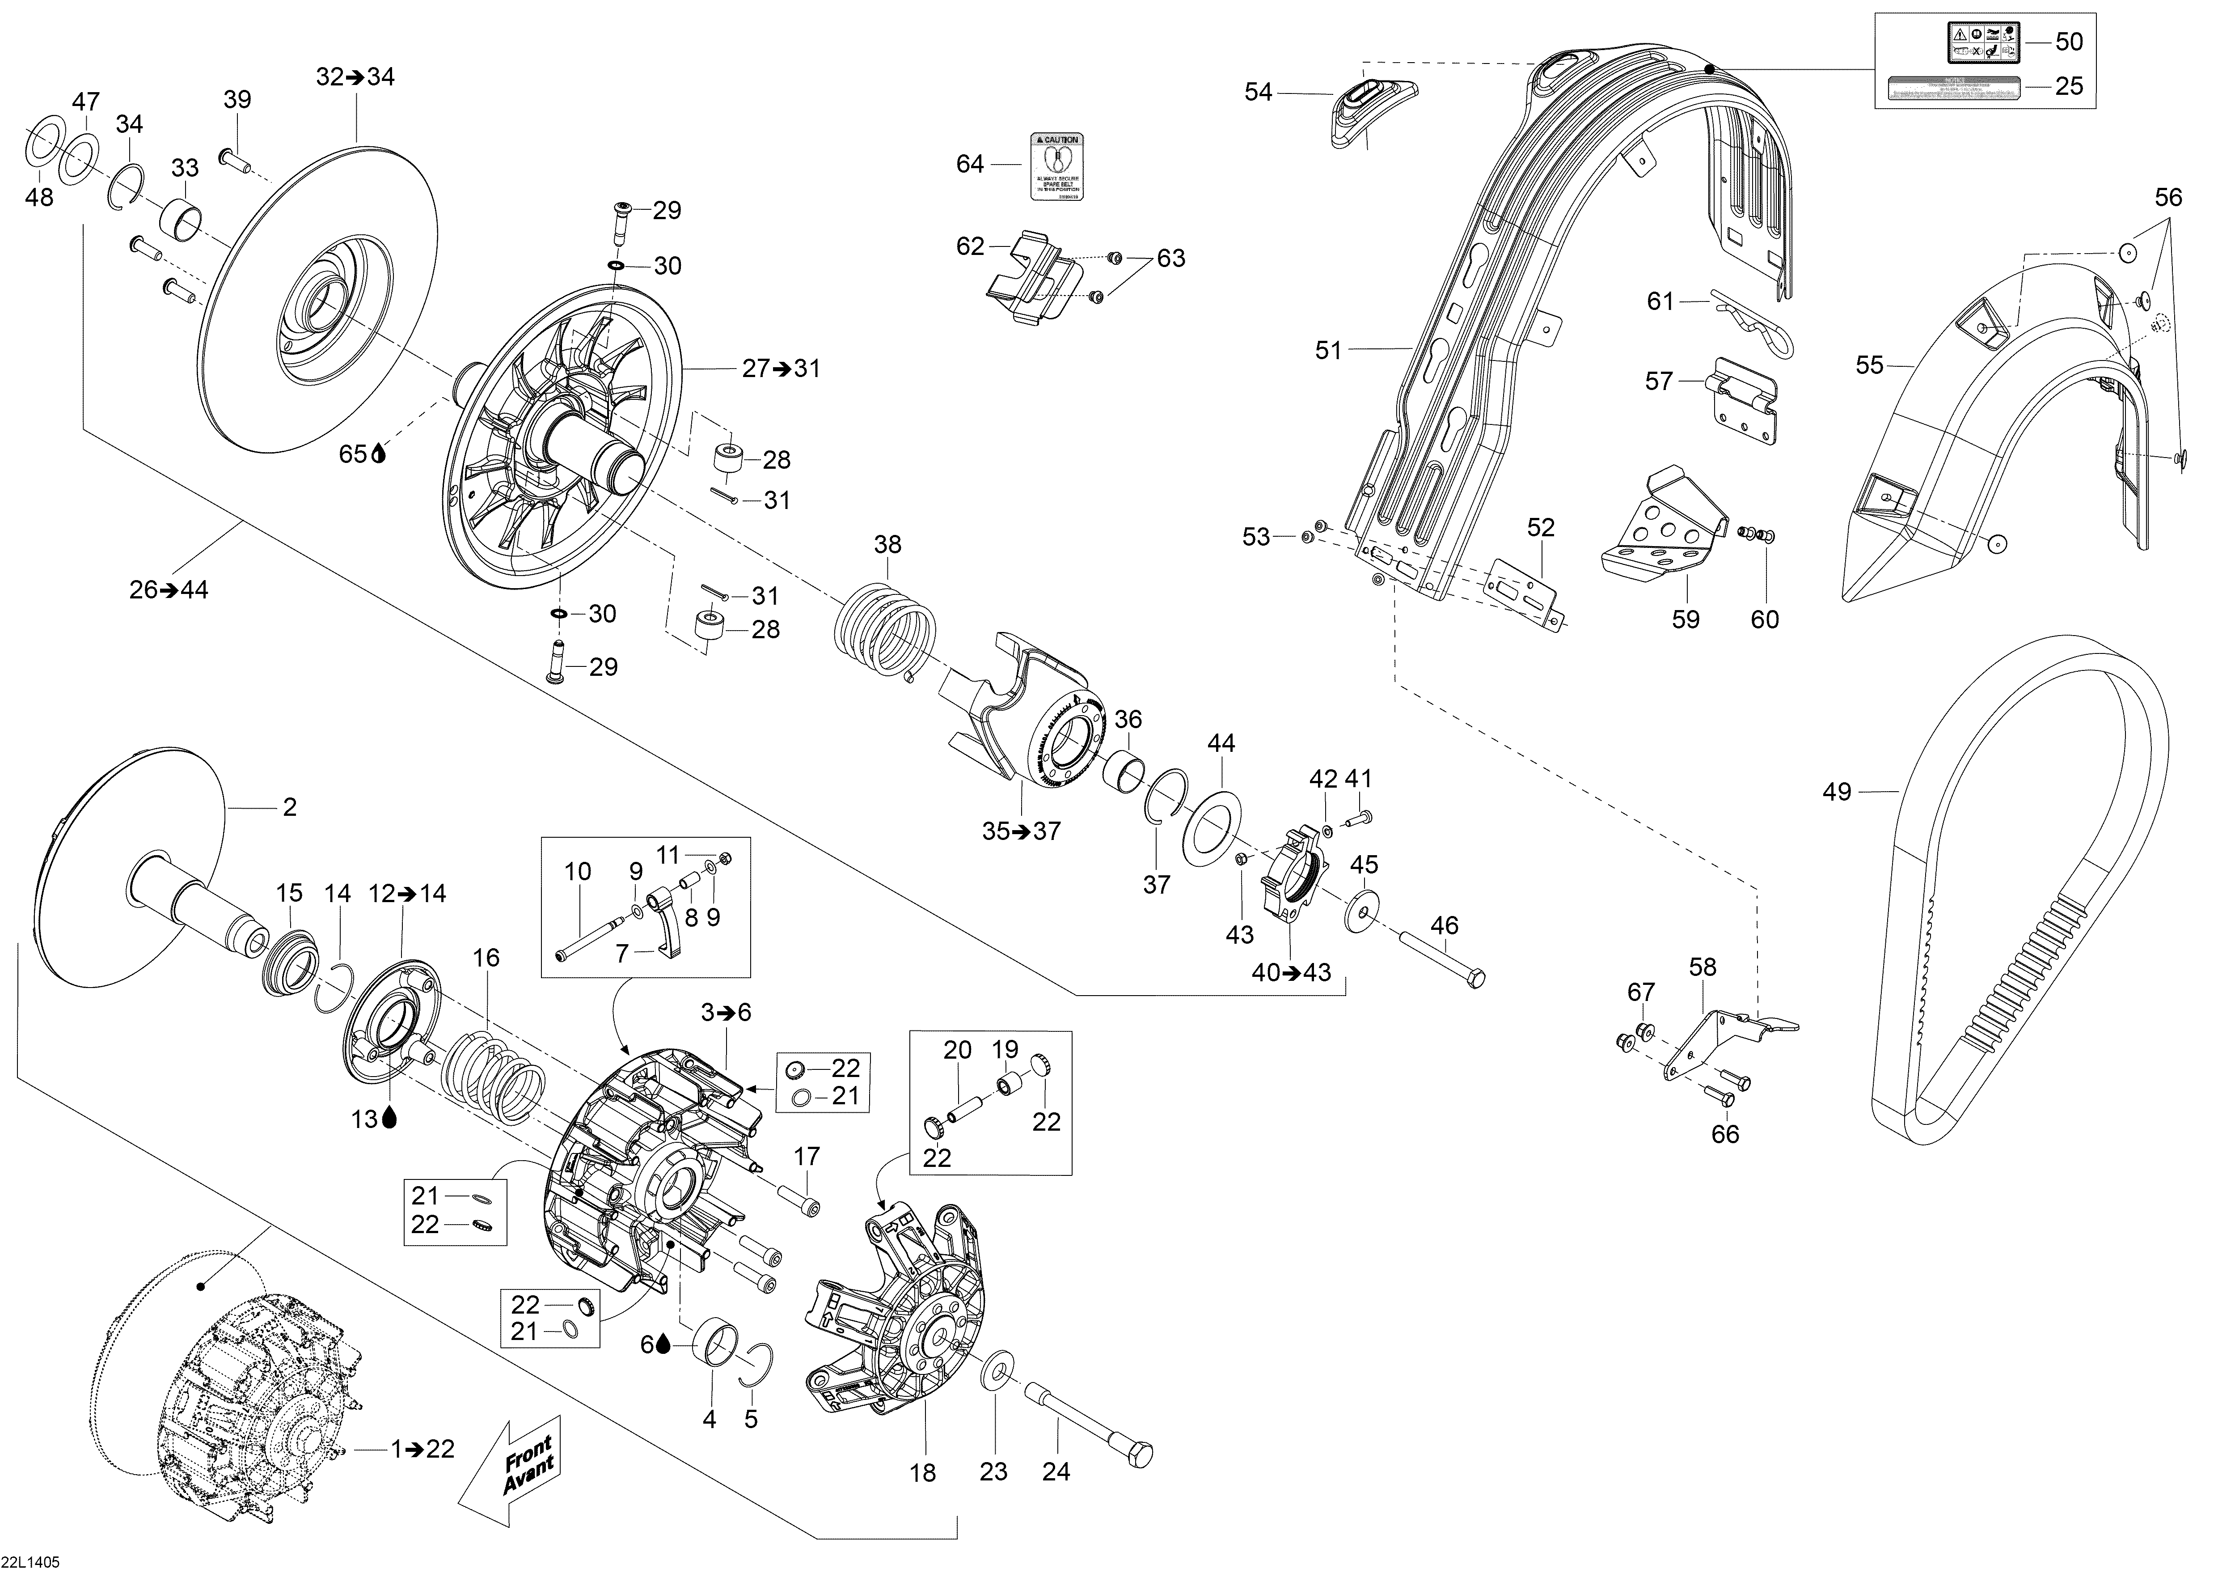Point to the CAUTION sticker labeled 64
tap(1056, 166)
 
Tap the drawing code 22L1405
tap(31, 1561)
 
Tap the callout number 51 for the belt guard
tap(1329, 351)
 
